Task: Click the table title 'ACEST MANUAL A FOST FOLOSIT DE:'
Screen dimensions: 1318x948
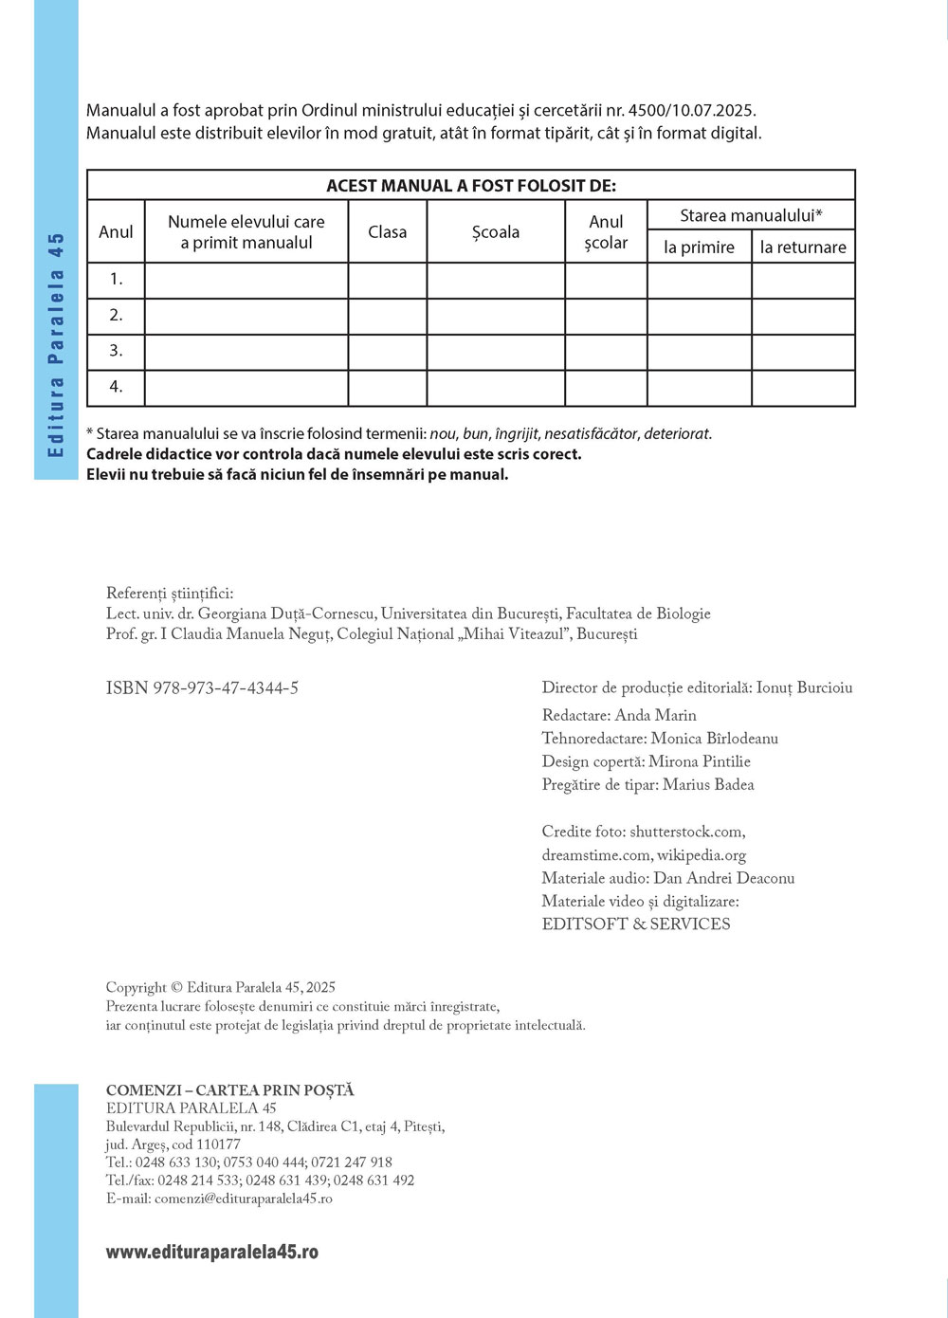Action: pyautogui.click(x=471, y=186)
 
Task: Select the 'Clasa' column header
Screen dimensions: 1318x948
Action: pyautogui.click(x=387, y=232)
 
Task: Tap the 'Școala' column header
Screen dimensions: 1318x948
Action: pyautogui.click(x=496, y=232)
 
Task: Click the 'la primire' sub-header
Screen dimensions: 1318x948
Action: pyautogui.click(x=699, y=247)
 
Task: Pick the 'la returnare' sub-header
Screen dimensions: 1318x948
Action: pyautogui.click(x=803, y=247)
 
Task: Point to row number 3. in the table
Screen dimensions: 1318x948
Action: pyautogui.click(x=116, y=351)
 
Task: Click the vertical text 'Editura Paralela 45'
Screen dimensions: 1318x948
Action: pyautogui.click(x=56, y=345)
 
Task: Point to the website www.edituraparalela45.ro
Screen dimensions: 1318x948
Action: pyautogui.click(x=212, y=1252)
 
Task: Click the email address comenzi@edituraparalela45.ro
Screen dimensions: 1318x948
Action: pyautogui.click(x=243, y=1199)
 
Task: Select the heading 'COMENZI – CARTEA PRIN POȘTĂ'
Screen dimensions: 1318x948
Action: pyautogui.click(x=230, y=1090)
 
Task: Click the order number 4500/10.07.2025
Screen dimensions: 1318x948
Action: pyautogui.click(x=692, y=111)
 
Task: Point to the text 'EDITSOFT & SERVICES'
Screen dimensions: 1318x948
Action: pyautogui.click(x=636, y=924)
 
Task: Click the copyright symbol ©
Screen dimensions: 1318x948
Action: pyautogui.click(x=175, y=988)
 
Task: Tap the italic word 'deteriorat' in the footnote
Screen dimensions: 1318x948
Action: pyautogui.click(x=677, y=433)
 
